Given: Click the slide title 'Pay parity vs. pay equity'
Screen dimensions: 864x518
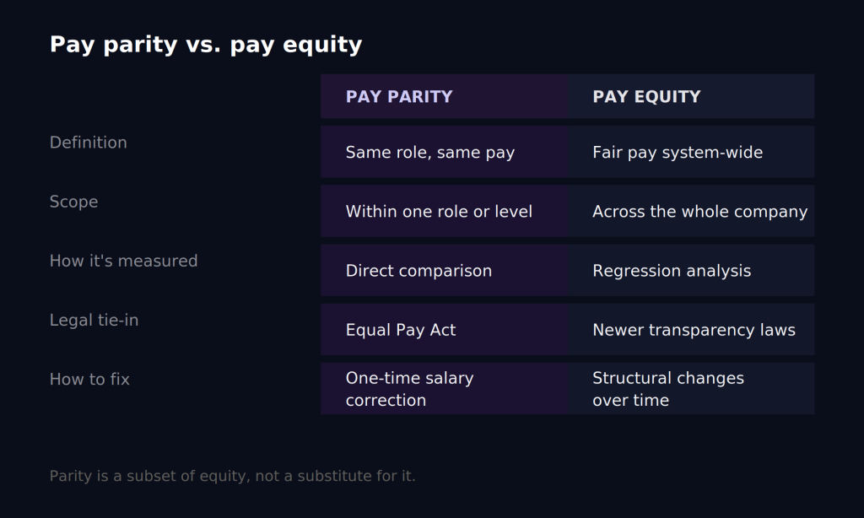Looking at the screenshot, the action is pyautogui.click(x=206, y=45).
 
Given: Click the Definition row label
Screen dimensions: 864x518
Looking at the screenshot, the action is pyautogui.click(x=88, y=143).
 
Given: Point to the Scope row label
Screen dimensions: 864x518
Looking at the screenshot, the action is pyautogui.click(x=74, y=202).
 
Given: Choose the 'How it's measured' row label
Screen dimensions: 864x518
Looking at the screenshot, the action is pyautogui.click(x=123, y=262).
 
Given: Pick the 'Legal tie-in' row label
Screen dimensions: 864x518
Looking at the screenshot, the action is pyautogui.click(x=94, y=321).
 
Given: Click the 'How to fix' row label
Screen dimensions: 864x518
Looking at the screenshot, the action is pyautogui.click(x=89, y=379).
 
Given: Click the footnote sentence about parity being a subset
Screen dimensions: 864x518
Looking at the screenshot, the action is pyautogui.click(x=233, y=476).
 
